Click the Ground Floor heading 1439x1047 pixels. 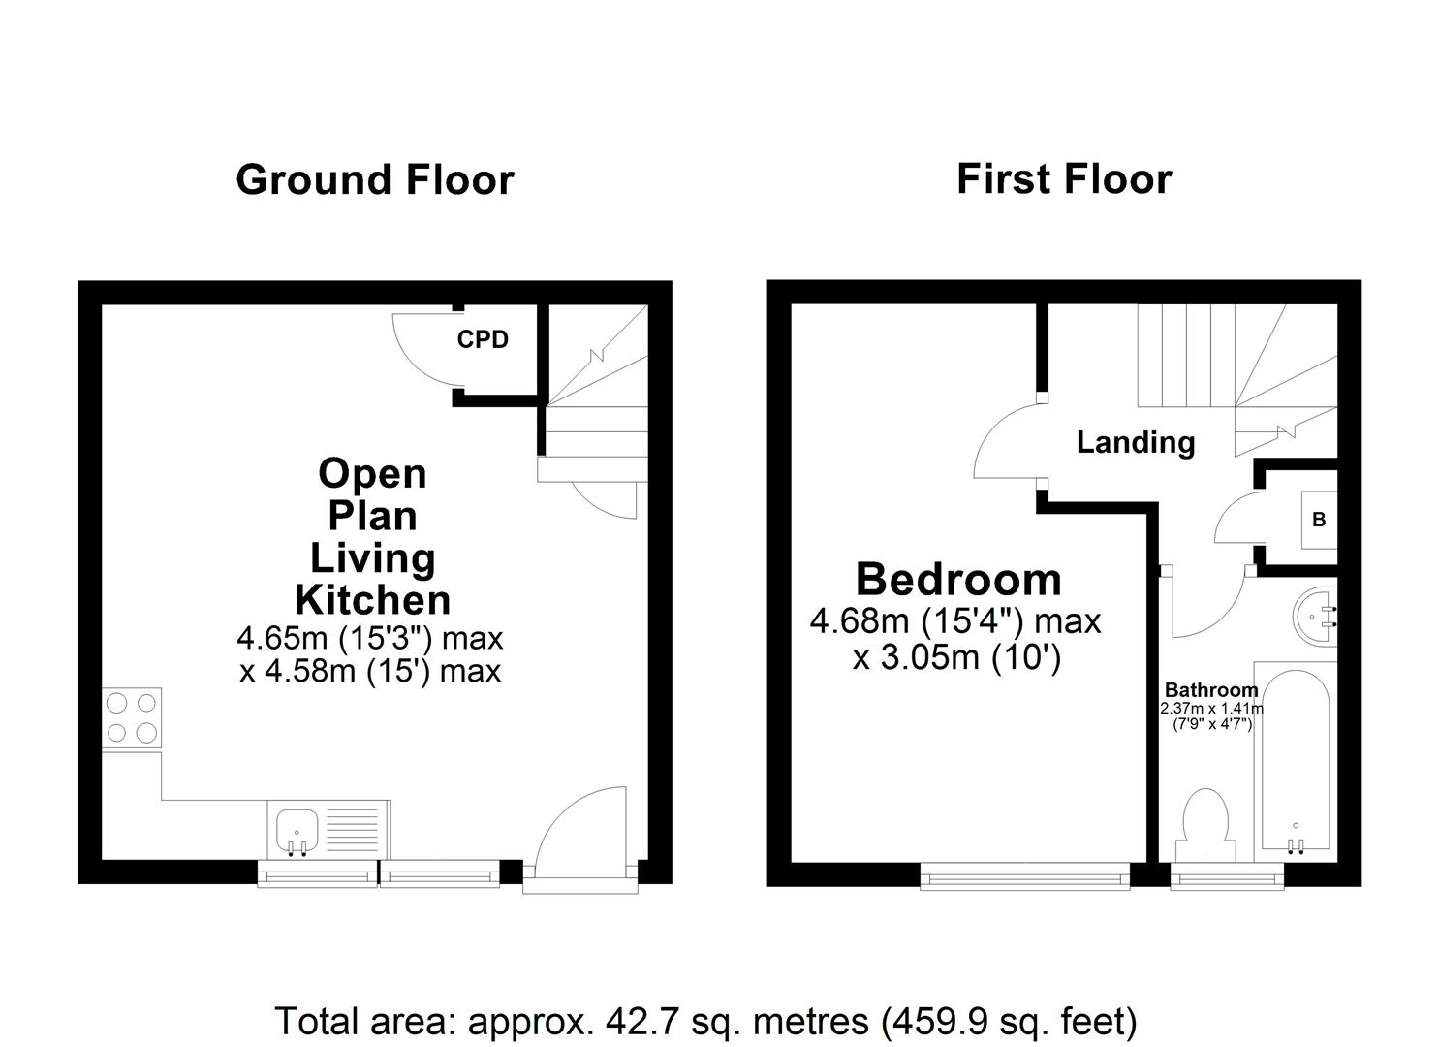[x=374, y=180]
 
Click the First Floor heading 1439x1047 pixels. [x=1064, y=179]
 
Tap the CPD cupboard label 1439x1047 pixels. [x=483, y=340]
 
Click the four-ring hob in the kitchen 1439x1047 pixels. [x=132, y=717]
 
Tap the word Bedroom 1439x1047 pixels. [x=958, y=580]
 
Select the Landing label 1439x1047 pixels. [x=1135, y=443]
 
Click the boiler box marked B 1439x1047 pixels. [x=1318, y=520]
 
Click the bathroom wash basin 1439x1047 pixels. [x=1316, y=613]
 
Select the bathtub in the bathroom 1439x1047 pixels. [x=1295, y=760]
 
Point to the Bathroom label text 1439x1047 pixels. [x=1210, y=690]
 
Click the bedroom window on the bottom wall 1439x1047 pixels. [x=1024, y=878]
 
